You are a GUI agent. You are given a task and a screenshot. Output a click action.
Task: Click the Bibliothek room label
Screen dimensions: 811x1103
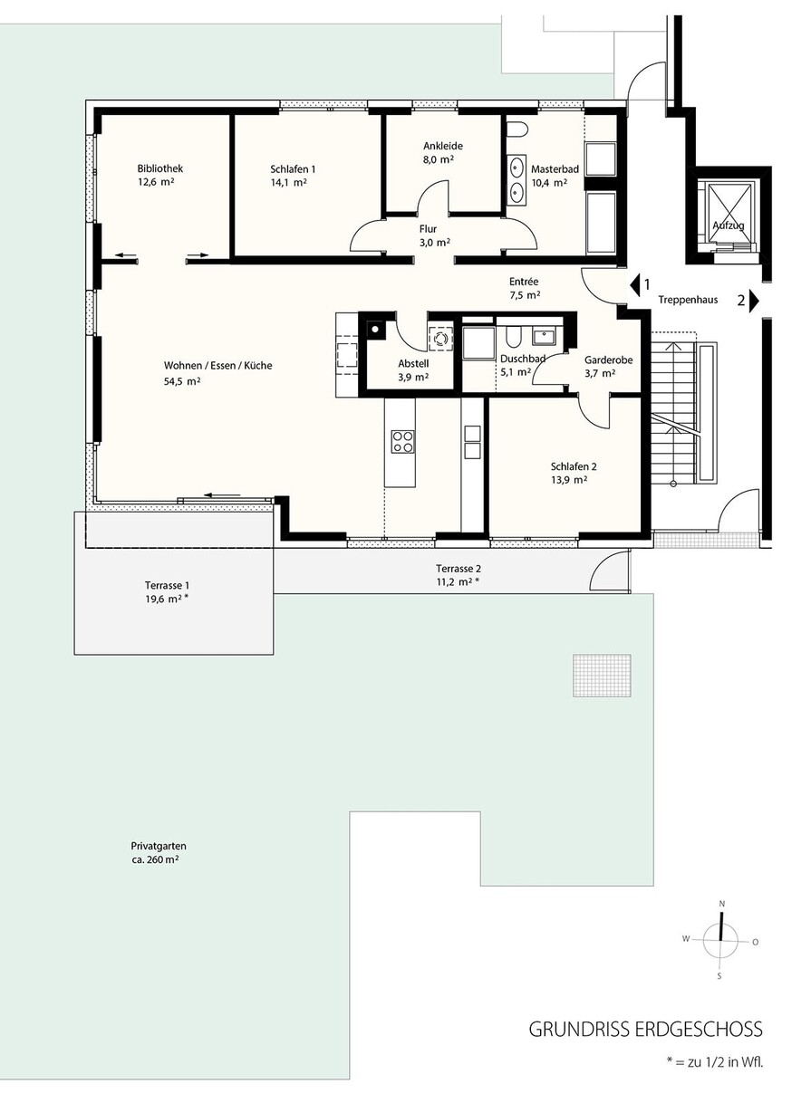click(x=160, y=168)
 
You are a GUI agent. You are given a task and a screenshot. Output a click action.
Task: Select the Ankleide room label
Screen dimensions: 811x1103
click(x=443, y=146)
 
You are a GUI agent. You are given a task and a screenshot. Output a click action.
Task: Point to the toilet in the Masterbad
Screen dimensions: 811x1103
click(x=517, y=129)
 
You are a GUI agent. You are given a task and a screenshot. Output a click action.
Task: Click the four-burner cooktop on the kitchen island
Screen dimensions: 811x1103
click(x=402, y=441)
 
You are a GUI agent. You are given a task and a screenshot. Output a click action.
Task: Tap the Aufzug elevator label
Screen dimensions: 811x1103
click(x=729, y=225)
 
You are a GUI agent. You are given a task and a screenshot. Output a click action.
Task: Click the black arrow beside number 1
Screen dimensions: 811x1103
click(x=634, y=284)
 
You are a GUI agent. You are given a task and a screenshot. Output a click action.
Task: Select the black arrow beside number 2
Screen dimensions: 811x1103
click(x=754, y=301)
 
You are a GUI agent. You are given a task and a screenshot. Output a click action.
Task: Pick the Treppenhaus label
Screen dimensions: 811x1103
click(x=688, y=300)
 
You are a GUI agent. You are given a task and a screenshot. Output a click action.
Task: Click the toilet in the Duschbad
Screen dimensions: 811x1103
click(x=511, y=337)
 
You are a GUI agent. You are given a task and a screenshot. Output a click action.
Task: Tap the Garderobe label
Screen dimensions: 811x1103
click(x=609, y=360)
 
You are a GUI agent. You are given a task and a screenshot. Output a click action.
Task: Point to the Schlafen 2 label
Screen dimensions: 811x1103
click(x=574, y=466)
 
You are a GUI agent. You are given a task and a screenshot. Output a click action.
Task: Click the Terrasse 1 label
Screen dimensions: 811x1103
click(x=167, y=586)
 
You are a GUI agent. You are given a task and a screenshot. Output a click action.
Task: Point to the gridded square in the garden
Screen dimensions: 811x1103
click(x=602, y=675)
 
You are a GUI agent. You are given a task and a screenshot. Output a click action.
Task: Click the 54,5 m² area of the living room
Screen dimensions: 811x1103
click(x=182, y=381)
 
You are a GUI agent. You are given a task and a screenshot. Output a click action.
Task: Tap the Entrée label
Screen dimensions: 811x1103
click(x=524, y=281)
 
